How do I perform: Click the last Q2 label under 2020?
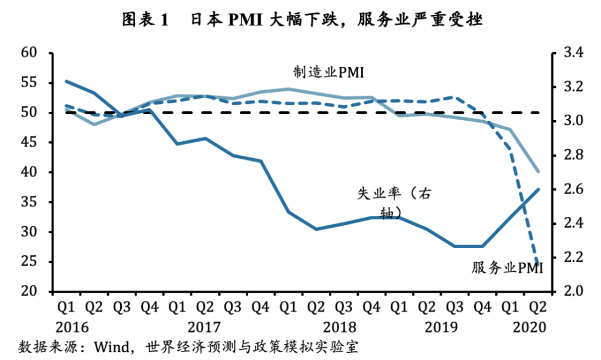coord(539,308)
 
